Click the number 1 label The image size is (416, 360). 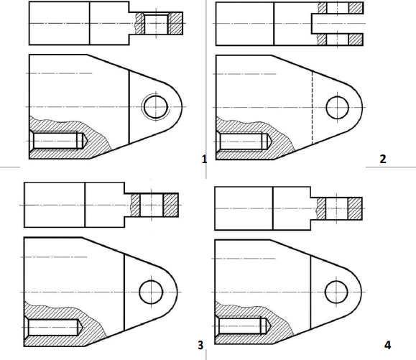coord(204,160)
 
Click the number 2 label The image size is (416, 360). coord(383,159)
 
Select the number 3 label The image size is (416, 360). coord(200,345)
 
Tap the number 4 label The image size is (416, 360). coord(387,345)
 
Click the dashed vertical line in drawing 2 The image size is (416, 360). coord(312,108)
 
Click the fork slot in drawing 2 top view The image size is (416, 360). coord(338,24)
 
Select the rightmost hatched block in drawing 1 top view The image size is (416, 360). coord(175,23)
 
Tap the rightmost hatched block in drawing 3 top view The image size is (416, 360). coord(170,205)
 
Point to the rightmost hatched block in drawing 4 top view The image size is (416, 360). coord(355,208)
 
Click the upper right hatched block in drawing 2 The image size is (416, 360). coord(356,8)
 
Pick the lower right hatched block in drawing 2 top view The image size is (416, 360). coord(356,40)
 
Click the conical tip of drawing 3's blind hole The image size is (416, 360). coord(80,328)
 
